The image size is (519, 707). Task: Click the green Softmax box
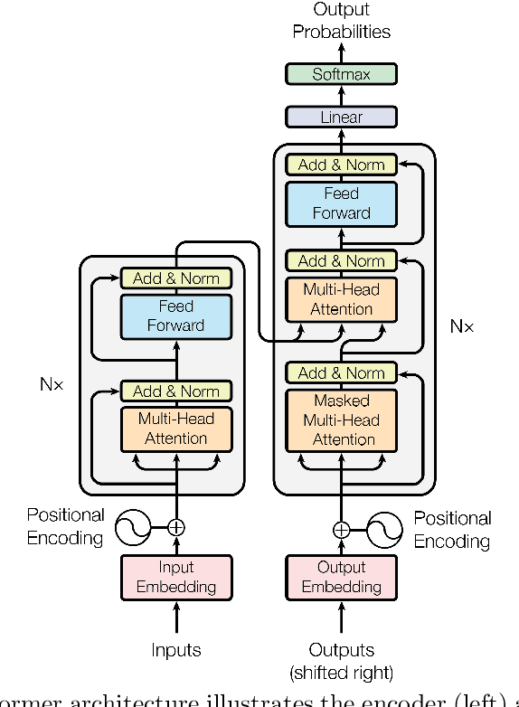[341, 74]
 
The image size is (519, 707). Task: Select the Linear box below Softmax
[341, 117]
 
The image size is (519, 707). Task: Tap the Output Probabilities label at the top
[341, 21]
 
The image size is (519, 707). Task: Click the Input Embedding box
[176, 577]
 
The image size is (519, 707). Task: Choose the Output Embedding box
[341, 577]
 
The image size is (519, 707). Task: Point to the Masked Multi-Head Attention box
[341, 420]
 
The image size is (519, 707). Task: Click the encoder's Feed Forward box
[176, 316]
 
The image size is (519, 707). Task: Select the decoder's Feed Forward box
[341, 203]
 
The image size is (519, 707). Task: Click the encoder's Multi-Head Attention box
[176, 429]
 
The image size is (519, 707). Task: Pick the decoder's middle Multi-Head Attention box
[341, 299]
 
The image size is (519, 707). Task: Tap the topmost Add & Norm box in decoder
[341, 165]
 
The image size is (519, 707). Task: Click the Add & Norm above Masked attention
[341, 372]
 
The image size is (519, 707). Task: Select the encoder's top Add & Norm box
[176, 278]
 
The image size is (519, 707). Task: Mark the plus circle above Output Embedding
[341, 530]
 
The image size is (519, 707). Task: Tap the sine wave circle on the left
[133, 526]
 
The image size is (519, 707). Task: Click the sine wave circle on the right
[384, 530]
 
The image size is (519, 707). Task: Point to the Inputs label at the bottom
[176, 650]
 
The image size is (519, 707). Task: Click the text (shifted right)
[341, 673]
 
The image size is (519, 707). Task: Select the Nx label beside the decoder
[461, 325]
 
